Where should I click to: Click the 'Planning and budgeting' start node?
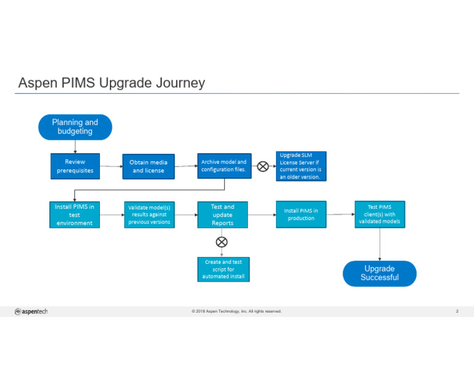75,127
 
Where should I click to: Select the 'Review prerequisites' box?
75,166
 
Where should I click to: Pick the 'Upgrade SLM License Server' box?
300,166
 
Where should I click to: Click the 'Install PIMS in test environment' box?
75,214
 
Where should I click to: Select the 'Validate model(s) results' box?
149,214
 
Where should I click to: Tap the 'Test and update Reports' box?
222,214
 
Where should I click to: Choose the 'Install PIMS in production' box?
301,214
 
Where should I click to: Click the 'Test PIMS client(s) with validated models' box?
380,214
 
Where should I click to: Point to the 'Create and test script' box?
223,269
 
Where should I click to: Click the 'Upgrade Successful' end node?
380,273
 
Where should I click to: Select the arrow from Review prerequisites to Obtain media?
111,166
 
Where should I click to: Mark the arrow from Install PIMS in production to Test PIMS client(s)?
340,214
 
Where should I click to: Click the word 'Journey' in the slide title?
182,83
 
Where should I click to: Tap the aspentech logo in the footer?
31,311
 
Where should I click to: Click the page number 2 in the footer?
457,311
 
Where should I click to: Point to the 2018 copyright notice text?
236,311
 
